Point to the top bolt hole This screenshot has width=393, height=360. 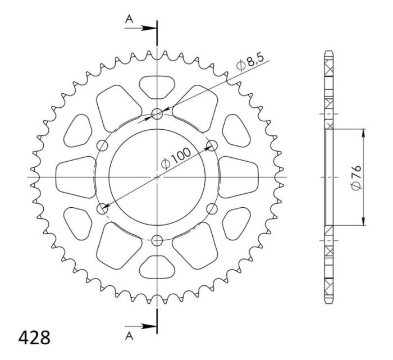coord(157,115)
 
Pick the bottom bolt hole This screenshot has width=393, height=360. coord(157,240)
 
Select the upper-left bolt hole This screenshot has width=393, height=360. coord(103,146)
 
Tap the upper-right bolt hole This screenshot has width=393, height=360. coord(212,146)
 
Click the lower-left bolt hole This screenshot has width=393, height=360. coord(103,209)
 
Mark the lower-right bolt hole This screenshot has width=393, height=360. coord(212,209)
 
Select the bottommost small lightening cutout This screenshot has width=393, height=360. coord(157,268)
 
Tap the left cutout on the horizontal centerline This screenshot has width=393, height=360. coord(75,177)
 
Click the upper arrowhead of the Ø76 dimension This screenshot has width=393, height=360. coord(364,133)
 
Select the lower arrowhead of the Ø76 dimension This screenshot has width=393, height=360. coord(364,221)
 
